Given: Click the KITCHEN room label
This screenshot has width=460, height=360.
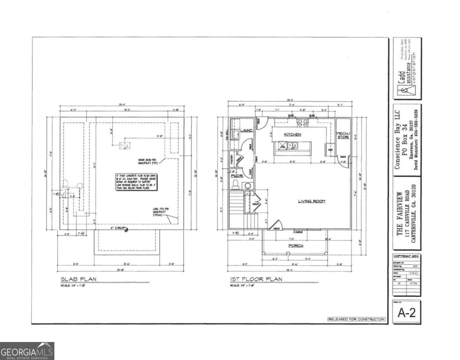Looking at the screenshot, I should (292, 135).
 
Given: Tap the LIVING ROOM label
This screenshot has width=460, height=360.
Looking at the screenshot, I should (311, 201).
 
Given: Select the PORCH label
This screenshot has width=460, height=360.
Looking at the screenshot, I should (296, 246).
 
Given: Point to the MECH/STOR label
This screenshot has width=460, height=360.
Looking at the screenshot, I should (343, 135).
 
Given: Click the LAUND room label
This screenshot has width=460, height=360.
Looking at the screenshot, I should (246, 130).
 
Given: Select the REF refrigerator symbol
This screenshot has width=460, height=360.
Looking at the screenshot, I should (330, 149).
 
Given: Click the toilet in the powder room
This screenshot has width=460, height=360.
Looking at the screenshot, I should (235, 184).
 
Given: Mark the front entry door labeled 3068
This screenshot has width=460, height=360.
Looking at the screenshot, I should (276, 226).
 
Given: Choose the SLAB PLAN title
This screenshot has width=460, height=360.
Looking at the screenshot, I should (79, 279).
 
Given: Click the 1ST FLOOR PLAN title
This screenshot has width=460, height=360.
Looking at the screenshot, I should (256, 279).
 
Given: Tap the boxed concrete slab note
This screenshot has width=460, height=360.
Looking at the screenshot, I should (136, 182).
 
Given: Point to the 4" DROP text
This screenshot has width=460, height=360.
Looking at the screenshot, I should (117, 228).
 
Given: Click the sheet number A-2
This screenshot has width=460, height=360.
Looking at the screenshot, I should (407, 313).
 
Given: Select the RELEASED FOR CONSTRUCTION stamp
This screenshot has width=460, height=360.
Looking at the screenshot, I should (356, 319).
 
